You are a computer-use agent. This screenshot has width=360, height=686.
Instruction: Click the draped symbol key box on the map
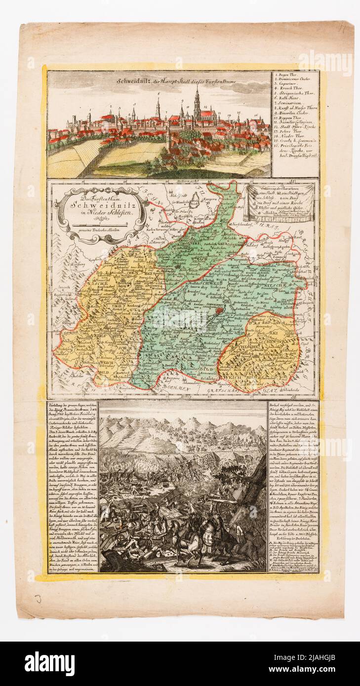click(280, 202)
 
